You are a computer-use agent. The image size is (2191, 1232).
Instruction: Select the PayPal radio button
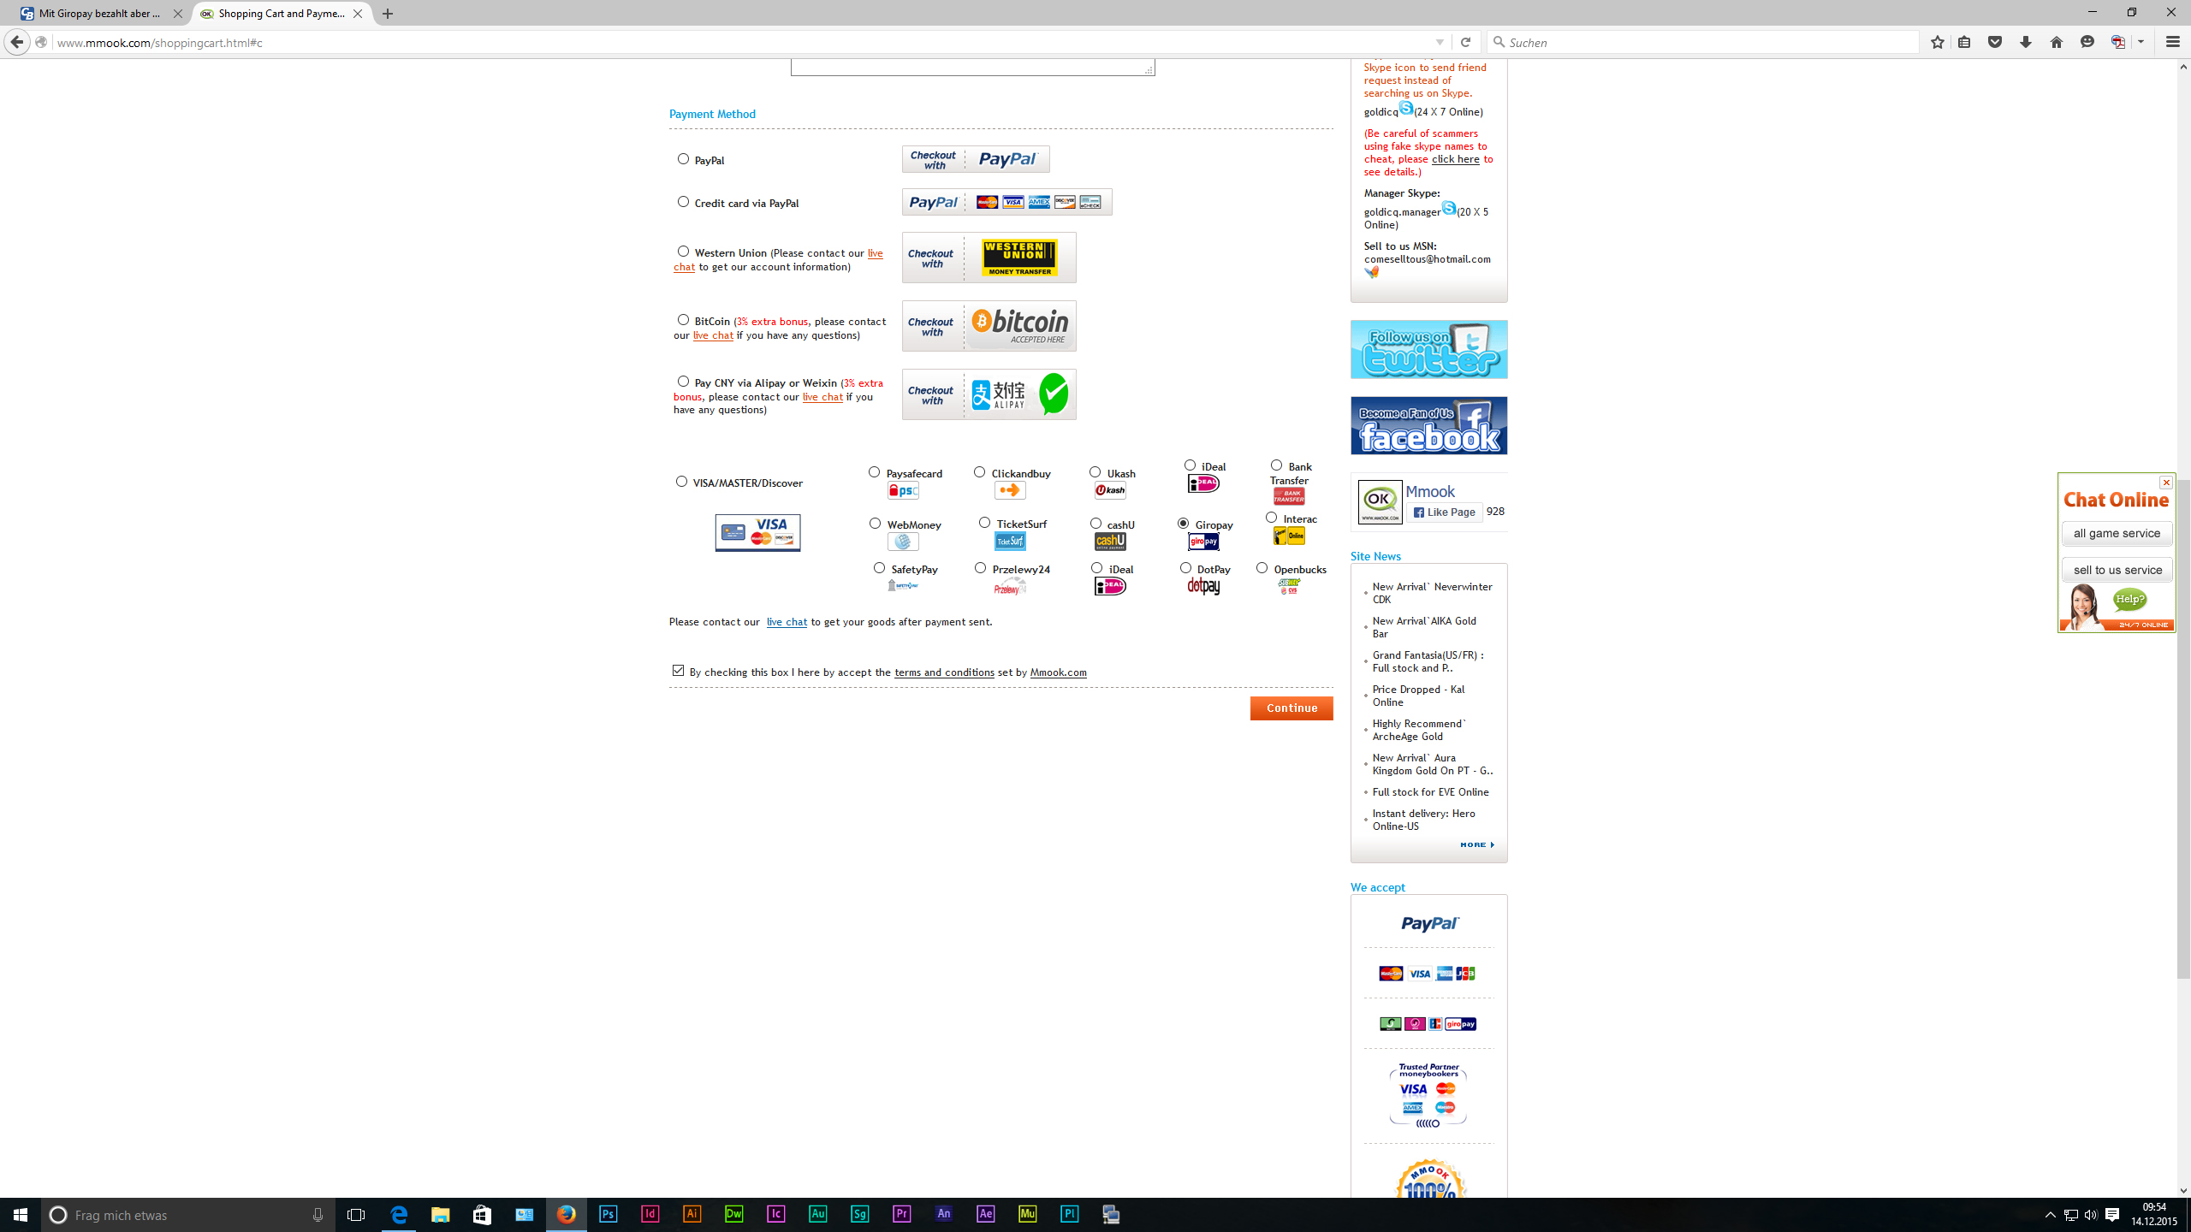(683, 159)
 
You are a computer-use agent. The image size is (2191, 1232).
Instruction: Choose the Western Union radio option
(683, 252)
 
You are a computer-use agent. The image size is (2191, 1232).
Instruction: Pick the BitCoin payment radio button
(683, 320)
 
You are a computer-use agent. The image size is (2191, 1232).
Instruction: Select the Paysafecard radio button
(874, 472)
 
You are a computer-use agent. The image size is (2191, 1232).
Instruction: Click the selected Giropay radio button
(1183, 524)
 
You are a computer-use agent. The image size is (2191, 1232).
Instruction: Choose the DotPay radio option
(1185, 568)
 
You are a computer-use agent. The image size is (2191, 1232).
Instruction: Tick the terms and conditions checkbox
(678, 671)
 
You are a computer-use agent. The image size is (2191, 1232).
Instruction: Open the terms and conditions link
(944, 672)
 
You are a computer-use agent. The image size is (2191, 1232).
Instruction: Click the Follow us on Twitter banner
(1428, 349)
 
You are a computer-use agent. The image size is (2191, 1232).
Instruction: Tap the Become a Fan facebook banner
(1428, 425)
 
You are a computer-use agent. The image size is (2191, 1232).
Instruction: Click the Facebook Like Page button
(1445, 512)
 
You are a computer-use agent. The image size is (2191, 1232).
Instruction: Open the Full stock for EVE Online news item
(1430, 792)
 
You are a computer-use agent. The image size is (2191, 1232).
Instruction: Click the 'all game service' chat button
(2117, 534)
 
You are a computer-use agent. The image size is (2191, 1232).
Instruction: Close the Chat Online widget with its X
(2166, 483)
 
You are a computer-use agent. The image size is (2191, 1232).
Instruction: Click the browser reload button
(1465, 42)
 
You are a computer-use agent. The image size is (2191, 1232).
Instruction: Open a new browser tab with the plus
(388, 14)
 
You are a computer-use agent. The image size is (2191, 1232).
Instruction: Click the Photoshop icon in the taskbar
(609, 1214)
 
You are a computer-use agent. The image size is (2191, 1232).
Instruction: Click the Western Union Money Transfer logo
(1019, 258)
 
